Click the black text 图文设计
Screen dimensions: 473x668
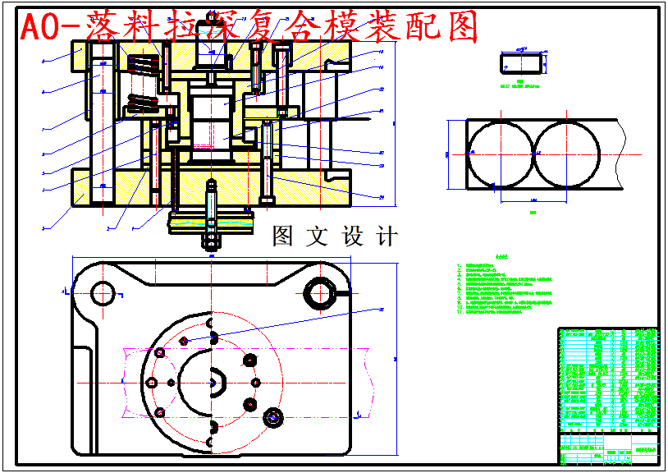[x=335, y=236]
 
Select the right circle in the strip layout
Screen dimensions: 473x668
[x=566, y=153]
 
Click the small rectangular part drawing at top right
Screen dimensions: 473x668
[x=520, y=63]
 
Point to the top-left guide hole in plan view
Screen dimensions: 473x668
[x=103, y=292]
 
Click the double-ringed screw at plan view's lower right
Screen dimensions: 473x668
[x=272, y=419]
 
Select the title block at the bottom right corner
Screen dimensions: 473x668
[x=608, y=448]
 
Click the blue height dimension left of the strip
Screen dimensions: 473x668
[x=448, y=153]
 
